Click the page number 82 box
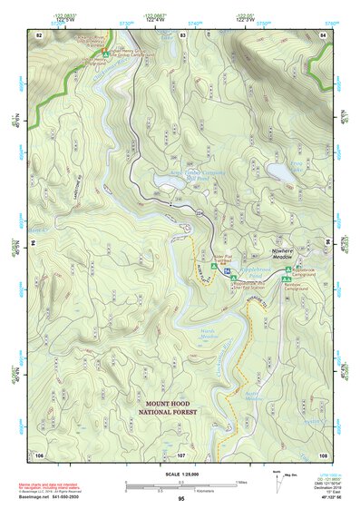(38, 34)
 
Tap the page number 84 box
(322, 34)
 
